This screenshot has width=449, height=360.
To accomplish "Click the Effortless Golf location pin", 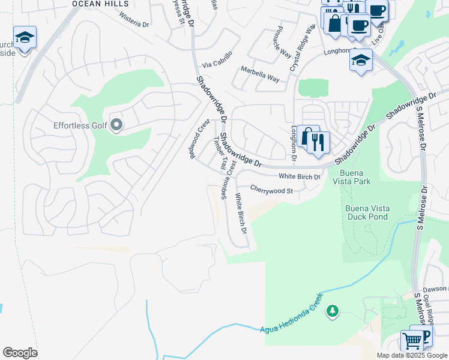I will click(116, 125).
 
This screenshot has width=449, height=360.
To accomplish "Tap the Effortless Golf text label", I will click(76, 125).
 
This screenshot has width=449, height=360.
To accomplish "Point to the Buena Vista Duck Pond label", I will click(367, 212).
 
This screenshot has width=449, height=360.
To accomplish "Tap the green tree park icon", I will click(332, 311).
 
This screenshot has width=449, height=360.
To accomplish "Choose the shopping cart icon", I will click(412, 341).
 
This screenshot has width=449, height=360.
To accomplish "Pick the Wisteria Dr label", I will click(133, 20).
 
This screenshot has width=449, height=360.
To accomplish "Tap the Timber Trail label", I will click(219, 153).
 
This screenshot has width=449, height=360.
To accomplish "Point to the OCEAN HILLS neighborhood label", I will click(93, 4).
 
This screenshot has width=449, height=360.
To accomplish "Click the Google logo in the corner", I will click(20, 353).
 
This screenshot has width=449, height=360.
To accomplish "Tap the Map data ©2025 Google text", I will click(412, 355).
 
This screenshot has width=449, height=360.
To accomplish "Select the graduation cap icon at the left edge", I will click(25, 38).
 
